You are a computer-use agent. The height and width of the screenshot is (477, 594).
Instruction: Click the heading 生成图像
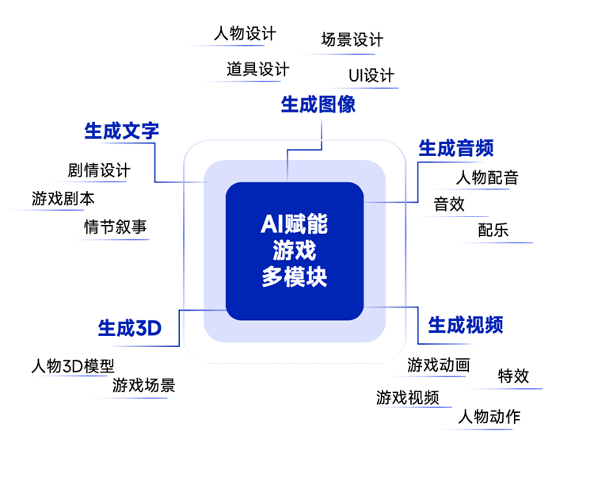318,105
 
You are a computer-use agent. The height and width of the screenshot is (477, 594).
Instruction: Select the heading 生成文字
122,131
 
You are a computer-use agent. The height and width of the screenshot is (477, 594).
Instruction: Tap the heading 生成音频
456,148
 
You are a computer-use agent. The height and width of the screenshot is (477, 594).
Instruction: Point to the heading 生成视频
466,325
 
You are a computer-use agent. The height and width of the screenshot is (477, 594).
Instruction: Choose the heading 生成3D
130,327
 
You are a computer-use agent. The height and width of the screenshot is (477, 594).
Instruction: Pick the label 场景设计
352,40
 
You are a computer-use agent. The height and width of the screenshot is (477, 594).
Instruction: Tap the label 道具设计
257,70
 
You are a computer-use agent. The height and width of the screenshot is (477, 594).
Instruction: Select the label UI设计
371,76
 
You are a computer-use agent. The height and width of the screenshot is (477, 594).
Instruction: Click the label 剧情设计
99,170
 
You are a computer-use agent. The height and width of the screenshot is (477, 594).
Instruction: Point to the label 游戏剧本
63,199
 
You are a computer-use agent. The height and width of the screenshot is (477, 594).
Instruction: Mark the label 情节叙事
116,227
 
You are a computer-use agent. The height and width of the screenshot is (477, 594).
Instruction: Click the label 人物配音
487,177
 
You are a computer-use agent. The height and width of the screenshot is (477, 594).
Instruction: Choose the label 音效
449,204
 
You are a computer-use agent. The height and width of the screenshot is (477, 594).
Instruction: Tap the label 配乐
493,231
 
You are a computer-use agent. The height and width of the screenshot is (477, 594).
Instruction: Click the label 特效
513,376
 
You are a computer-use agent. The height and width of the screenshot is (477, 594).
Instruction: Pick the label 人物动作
489,417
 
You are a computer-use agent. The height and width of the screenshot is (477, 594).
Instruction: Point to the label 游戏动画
439,365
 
